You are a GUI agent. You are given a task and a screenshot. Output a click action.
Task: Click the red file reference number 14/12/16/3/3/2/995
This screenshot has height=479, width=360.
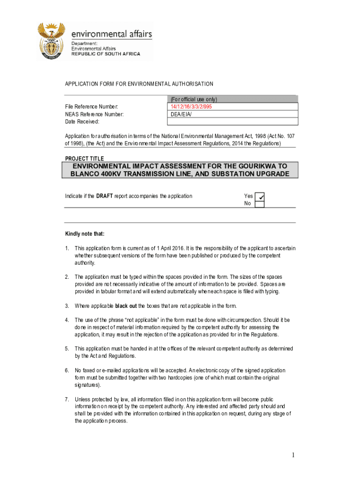(x=192, y=107)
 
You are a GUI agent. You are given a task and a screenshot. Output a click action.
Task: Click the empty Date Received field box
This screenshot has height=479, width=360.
(x=232, y=122)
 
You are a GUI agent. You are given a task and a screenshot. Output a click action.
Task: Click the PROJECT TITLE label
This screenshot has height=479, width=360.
(x=84, y=159)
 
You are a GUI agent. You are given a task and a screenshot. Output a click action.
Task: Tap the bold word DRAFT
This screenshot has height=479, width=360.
(x=104, y=196)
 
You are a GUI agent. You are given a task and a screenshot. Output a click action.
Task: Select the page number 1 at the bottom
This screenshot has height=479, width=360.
(x=293, y=455)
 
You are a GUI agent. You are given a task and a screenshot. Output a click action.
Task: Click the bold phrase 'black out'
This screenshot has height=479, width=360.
(x=126, y=306)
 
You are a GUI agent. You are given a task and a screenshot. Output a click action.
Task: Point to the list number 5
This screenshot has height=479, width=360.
(x=67, y=348)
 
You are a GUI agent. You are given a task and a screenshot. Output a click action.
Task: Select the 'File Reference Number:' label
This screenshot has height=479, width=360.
(x=92, y=107)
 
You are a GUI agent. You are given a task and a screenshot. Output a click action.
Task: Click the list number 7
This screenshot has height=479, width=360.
(x=67, y=399)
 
